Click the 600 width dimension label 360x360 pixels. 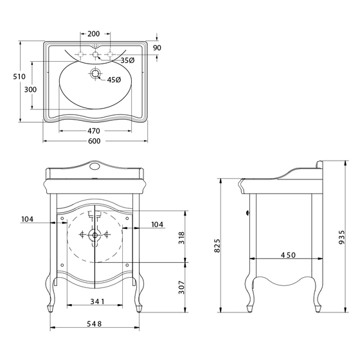point(94,141)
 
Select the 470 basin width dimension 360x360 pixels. point(94,131)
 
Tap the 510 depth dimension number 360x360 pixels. point(19,76)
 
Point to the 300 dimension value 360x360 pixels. point(30,89)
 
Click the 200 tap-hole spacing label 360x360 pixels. point(94,33)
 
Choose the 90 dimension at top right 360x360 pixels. point(157,48)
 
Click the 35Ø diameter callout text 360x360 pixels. point(127,60)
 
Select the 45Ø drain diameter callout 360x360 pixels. point(114,80)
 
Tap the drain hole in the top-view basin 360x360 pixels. point(95,73)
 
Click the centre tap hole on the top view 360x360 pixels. point(95,55)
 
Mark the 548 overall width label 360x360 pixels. point(94,324)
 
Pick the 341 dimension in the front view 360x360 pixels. point(97,301)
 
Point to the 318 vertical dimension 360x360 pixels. point(181,238)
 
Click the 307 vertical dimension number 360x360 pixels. point(181,287)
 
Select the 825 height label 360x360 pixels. point(217,246)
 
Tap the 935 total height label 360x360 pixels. point(341,237)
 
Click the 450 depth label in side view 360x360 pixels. point(289,255)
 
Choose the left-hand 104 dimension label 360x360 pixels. point(27,219)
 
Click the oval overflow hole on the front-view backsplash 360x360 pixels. point(94,166)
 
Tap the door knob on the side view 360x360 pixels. point(248,213)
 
